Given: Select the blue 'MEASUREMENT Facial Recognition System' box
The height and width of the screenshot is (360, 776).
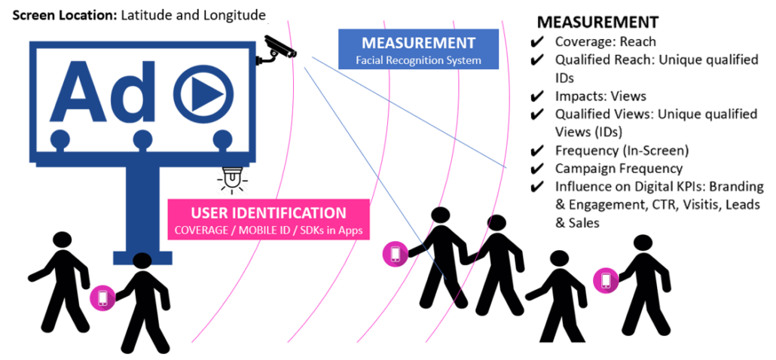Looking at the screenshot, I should (x=418, y=50).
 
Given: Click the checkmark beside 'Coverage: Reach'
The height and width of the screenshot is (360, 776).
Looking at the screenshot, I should (x=538, y=42).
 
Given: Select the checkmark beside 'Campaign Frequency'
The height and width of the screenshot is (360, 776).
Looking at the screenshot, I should (x=538, y=169).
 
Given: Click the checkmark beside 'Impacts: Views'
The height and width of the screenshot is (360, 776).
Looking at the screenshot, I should (x=538, y=96).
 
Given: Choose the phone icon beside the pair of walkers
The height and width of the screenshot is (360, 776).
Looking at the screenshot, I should (x=395, y=254).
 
